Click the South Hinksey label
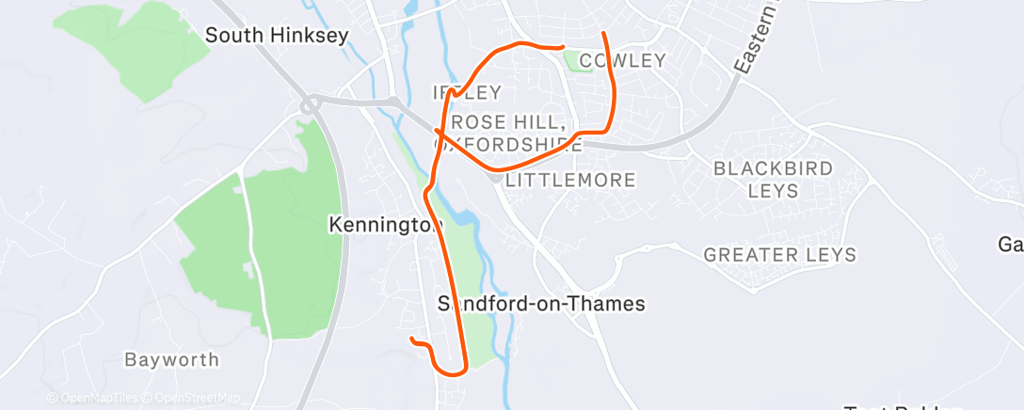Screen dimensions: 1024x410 coord(277,36)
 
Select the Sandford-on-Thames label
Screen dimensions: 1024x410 coord(542,304)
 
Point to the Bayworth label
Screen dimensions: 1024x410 coord(172,360)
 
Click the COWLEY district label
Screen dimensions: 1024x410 coord(623,61)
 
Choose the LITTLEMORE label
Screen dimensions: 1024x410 coord(570,180)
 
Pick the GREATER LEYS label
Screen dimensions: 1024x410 coord(780,255)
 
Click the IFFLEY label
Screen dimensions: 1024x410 coord(467,92)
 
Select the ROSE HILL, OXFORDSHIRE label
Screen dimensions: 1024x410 coord(508,134)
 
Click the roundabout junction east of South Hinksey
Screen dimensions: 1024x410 coord(309,104)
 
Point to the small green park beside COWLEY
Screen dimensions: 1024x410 coord(573,62)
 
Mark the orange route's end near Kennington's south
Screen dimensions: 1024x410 coord(411,339)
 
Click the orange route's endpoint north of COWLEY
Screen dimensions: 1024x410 coord(602,35)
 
